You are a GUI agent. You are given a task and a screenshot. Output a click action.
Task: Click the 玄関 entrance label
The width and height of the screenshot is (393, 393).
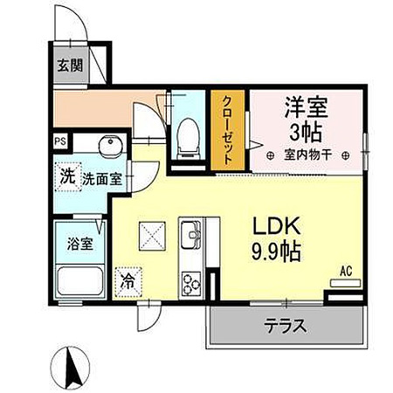click(70, 65)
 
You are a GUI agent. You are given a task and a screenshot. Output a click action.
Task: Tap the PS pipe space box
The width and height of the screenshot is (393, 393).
click(60, 141)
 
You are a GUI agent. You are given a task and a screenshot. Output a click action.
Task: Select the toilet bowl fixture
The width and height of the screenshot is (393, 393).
click(189, 139)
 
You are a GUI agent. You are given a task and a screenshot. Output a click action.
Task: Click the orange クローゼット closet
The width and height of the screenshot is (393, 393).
click(228, 130)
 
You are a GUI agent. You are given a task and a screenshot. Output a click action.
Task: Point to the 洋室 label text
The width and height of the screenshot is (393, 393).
click(307, 107)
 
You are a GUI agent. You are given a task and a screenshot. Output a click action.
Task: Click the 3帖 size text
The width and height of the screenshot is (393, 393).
click(306, 133)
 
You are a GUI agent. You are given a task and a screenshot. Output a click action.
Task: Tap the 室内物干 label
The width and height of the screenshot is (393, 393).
click(307, 155)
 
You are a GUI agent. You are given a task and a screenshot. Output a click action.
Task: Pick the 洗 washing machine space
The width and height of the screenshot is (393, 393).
click(68, 176)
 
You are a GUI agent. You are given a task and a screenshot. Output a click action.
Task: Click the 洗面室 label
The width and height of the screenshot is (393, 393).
click(102, 179)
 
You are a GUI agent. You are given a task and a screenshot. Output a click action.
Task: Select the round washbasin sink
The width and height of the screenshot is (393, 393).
click(109, 144)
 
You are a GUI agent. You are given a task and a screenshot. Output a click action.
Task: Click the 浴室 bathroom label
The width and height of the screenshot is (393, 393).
click(80, 244)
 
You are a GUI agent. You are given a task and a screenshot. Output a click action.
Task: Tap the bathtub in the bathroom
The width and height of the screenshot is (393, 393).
click(80, 280)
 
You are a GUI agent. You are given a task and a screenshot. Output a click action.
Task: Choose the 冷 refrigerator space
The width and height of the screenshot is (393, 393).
click(128, 281)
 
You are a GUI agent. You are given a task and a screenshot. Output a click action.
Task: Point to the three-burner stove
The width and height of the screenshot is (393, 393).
click(191, 283)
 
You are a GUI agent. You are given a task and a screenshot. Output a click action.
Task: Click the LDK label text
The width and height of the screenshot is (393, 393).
click(277, 226)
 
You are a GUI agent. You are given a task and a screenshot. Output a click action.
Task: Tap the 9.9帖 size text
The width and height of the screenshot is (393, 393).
click(276, 252)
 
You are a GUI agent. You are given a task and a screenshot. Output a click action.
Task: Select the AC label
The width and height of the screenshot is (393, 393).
click(347, 271)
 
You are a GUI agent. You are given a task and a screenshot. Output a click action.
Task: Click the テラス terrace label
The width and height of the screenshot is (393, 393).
click(286, 325)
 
